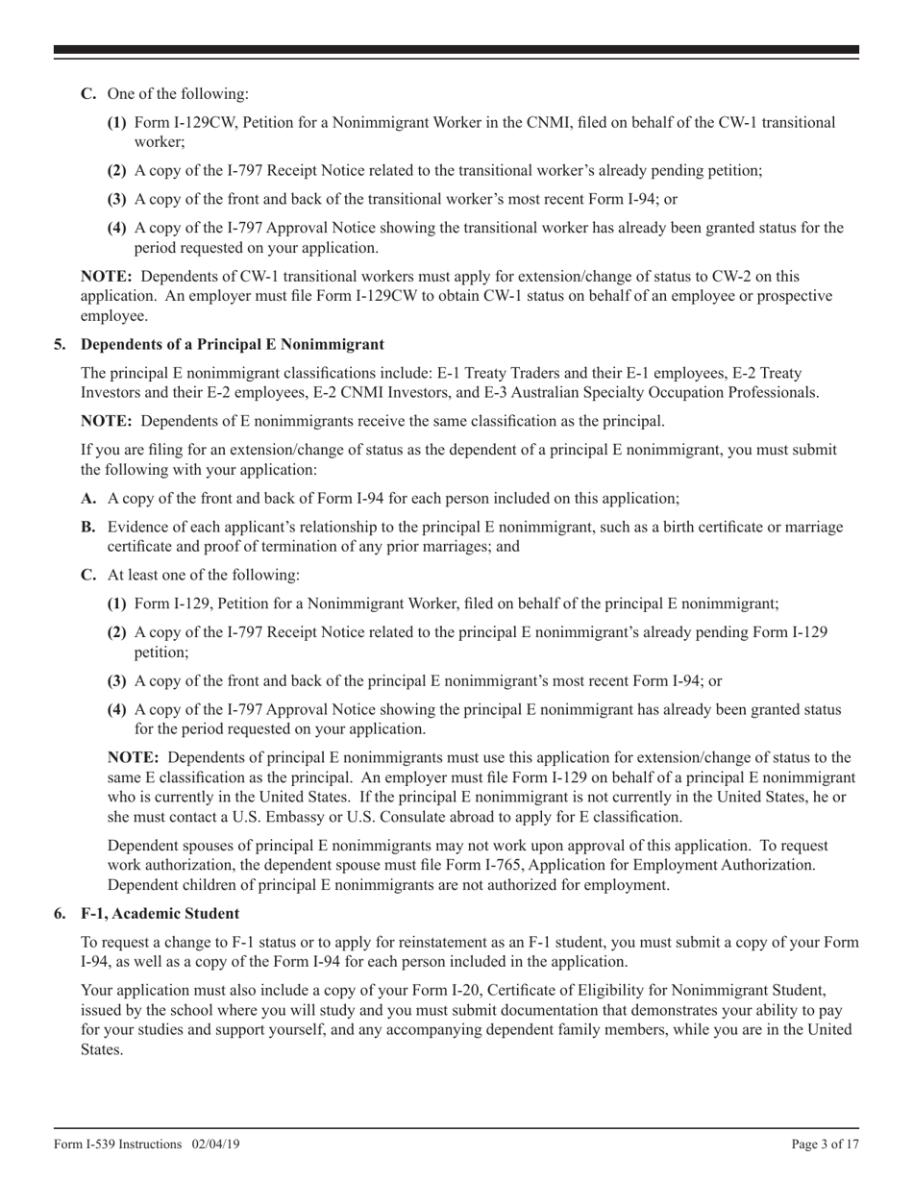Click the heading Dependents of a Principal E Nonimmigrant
[x=233, y=344]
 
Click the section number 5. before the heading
[x=61, y=344]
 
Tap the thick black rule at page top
[x=456, y=49]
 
